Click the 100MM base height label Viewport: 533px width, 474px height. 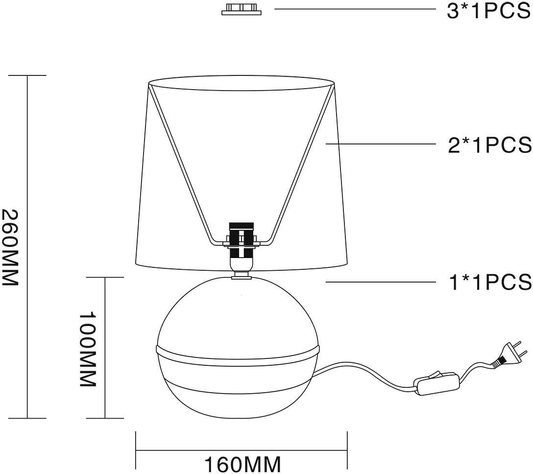88,349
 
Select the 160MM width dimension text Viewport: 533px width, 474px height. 242,464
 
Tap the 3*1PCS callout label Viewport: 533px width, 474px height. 489,11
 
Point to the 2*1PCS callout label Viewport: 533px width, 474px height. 489,145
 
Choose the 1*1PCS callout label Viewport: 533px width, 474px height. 490,282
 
